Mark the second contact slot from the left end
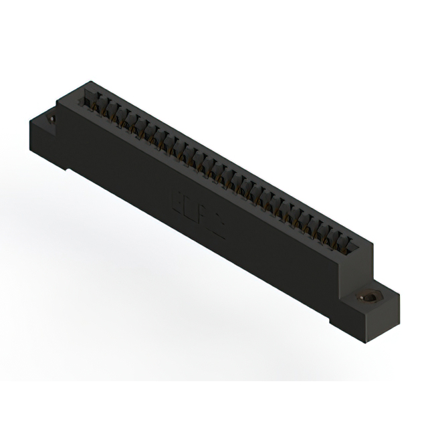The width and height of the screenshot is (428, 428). (x=98, y=107)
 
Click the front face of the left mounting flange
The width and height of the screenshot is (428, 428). (x=47, y=144)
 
